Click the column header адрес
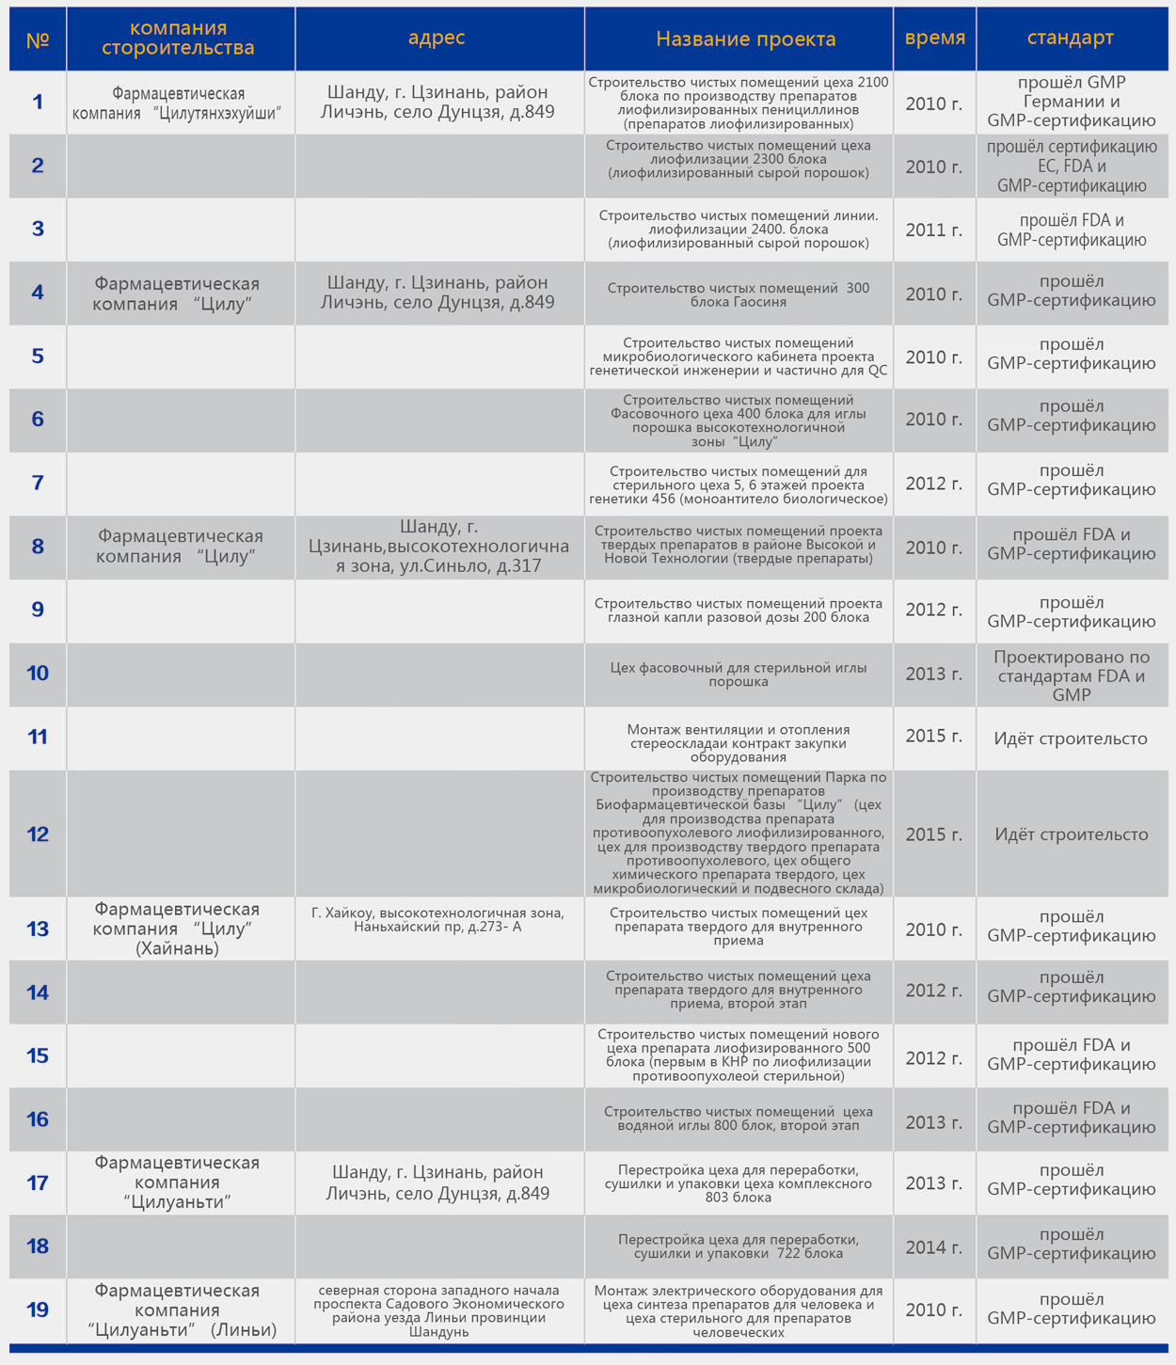[x=437, y=38]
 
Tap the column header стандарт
[x=1070, y=38]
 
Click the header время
[x=934, y=38]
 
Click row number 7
[x=38, y=483]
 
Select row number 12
[x=38, y=833]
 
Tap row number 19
[x=38, y=1309]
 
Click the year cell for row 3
[x=933, y=230]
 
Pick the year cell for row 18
[x=933, y=1247]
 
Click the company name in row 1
[x=178, y=103]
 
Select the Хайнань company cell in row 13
[x=178, y=929]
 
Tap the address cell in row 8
[x=438, y=547]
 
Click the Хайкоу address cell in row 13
[x=438, y=919]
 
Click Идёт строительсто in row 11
[x=1071, y=738]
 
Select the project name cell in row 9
[x=739, y=610]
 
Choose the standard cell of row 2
[x=1072, y=166]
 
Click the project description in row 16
[x=739, y=1119]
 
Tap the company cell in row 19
[x=178, y=1309]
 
